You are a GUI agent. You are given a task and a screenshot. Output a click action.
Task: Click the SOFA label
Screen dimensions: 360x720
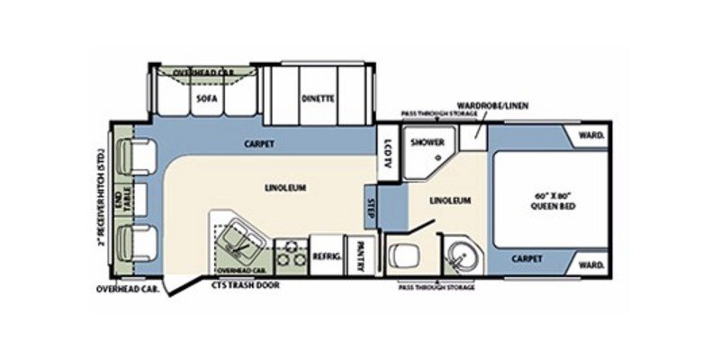point(202,99)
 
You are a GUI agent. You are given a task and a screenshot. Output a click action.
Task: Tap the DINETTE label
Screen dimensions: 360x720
point(318,99)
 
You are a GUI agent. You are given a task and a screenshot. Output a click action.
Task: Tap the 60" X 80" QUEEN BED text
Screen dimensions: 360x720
point(553,201)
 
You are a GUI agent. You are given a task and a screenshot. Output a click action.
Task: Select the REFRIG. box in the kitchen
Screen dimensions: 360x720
point(325,256)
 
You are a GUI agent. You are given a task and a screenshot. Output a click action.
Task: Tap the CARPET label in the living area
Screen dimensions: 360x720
point(258,145)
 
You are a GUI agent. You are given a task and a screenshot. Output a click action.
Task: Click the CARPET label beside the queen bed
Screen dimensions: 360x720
point(528,259)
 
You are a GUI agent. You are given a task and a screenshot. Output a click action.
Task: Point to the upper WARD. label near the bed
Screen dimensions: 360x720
point(590,137)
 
